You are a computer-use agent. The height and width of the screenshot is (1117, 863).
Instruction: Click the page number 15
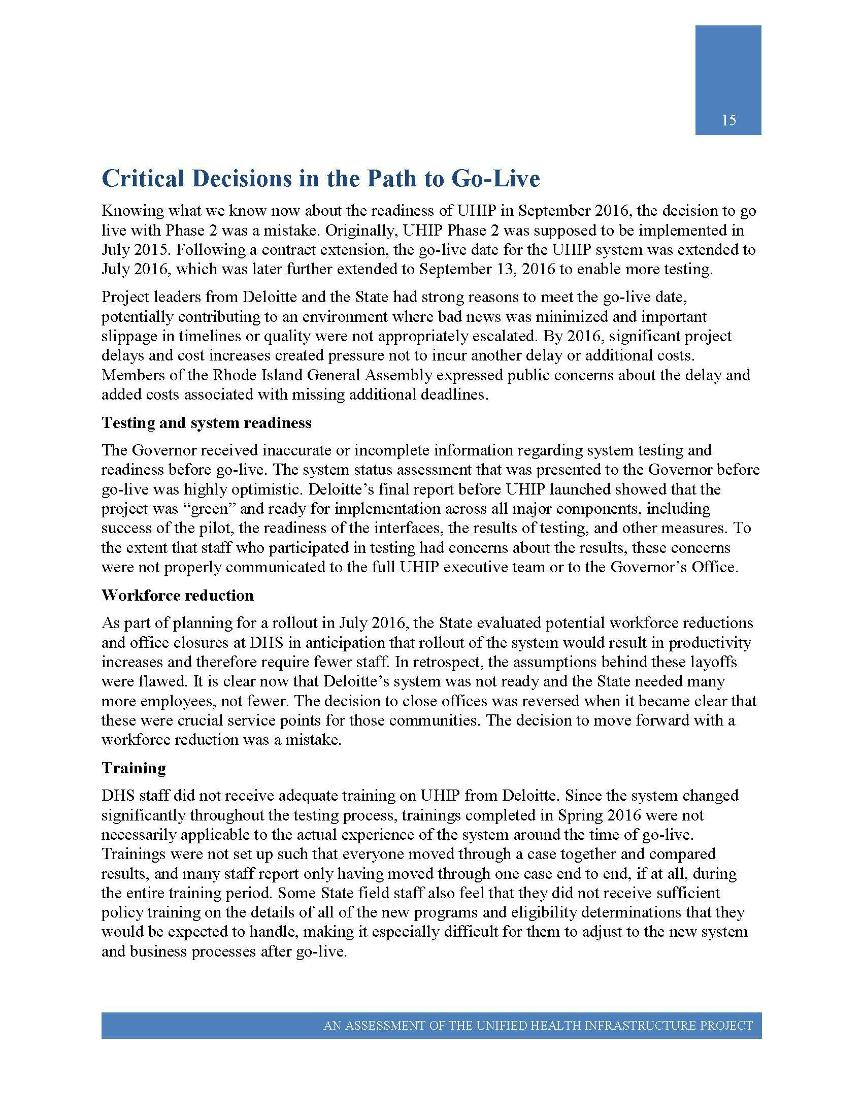tap(728, 121)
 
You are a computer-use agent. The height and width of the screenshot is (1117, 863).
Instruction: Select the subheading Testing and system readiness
tap(207, 422)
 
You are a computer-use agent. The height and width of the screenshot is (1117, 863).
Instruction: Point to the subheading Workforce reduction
tap(177, 596)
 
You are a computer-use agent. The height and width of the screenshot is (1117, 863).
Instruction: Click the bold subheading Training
tap(134, 768)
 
